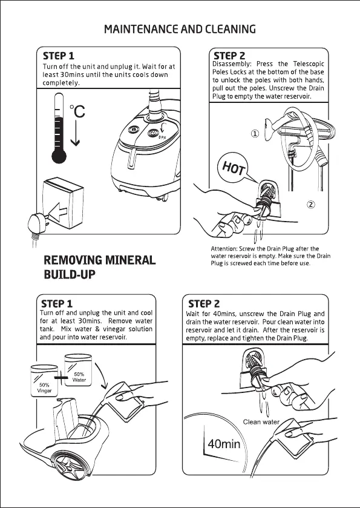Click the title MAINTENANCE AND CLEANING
[x=180, y=29]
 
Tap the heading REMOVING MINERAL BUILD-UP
[x=100, y=267]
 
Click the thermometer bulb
[x=59, y=157]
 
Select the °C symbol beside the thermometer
[x=77, y=111]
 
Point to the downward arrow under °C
[x=75, y=133]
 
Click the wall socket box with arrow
[x=63, y=202]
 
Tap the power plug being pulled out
[x=38, y=222]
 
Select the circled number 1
[x=255, y=133]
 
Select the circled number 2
[x=311, y=205]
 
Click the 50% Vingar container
[x=44, y=381]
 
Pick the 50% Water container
[x=78, y=370]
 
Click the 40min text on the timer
[x=224, y=444]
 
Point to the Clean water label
[x=261, y=422]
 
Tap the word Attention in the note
[x=224, y=249]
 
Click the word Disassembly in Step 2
[x=231, y=64]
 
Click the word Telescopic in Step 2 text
[x=309, y=64]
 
